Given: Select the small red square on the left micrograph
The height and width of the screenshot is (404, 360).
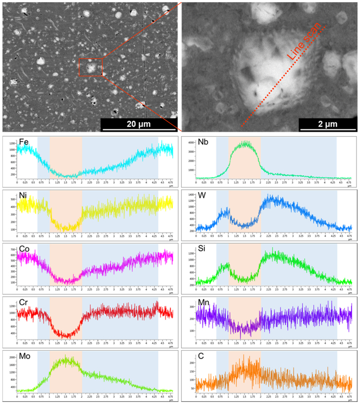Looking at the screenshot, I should coord(91,67).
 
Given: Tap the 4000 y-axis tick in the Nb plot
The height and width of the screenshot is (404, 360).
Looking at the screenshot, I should coord(191,143).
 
